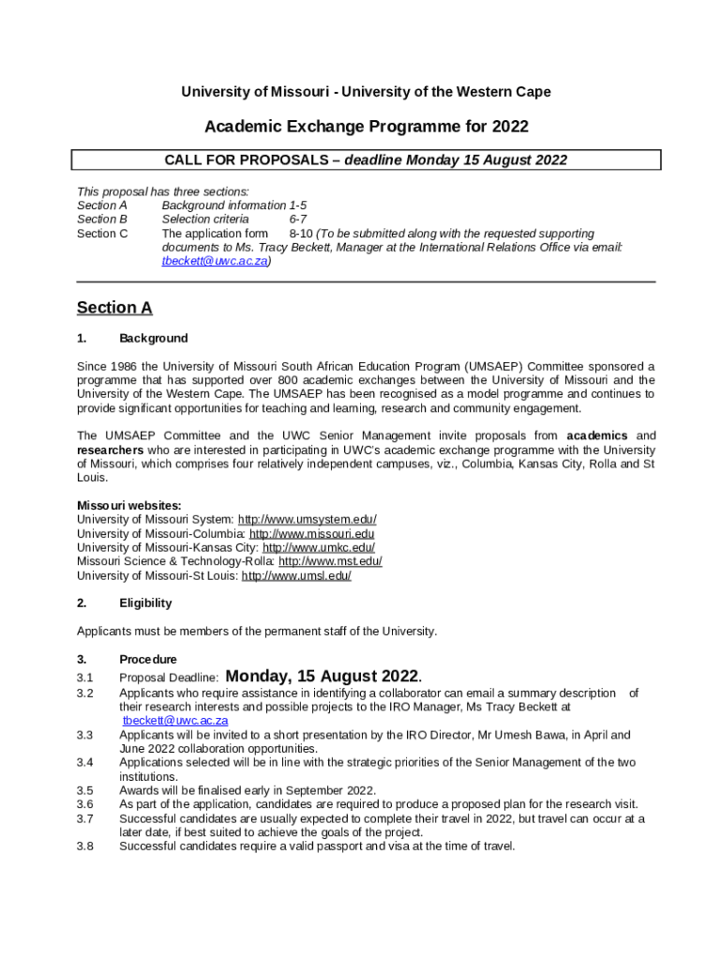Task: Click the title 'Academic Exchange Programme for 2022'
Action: coord(366,127)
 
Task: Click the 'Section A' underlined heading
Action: coord(114,308)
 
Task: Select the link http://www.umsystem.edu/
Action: coord(307,520)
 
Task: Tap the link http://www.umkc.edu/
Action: coord(318,548)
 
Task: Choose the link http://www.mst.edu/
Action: coord(330,561)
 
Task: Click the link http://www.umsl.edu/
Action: coord(296,575)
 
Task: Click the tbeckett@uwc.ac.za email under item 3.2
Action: coord(175,721)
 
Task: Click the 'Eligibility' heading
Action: coord(145,603)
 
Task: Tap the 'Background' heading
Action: coord(153,338)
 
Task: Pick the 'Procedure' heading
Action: coord(147,660)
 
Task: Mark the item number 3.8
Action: coord(85,846)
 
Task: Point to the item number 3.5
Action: coord(85,790)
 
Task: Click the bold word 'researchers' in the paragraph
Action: coord(111,450)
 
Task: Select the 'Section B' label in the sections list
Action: coord(102,220)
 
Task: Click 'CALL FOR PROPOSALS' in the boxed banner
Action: coord(247,160)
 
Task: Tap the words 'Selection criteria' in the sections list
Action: coord(205,220)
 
